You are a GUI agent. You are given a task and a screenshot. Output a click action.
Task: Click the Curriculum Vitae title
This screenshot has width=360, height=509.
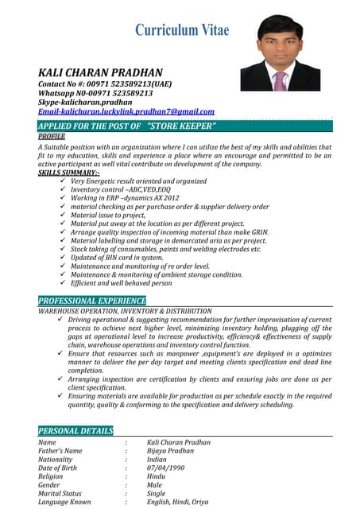click(x=182, y=30)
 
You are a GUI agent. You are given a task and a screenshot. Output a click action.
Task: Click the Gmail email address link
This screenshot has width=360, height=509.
click(x=126, y=112)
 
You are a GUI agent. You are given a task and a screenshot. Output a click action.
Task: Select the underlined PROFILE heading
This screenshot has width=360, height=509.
click(x=52, y=136)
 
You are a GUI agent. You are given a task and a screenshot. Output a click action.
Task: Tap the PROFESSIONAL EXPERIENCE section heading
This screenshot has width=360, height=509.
click(x=92, y=301)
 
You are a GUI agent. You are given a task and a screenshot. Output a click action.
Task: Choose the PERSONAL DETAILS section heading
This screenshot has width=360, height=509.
click(x=75, y=430)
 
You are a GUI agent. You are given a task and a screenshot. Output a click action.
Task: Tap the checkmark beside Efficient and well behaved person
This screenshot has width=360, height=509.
click(x=63, y=282)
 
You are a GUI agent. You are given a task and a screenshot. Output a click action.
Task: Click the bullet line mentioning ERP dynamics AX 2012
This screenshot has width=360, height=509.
click(x=125, y=198)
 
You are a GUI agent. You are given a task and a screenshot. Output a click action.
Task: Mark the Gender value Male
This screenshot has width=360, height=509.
click(x=155, y=484)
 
